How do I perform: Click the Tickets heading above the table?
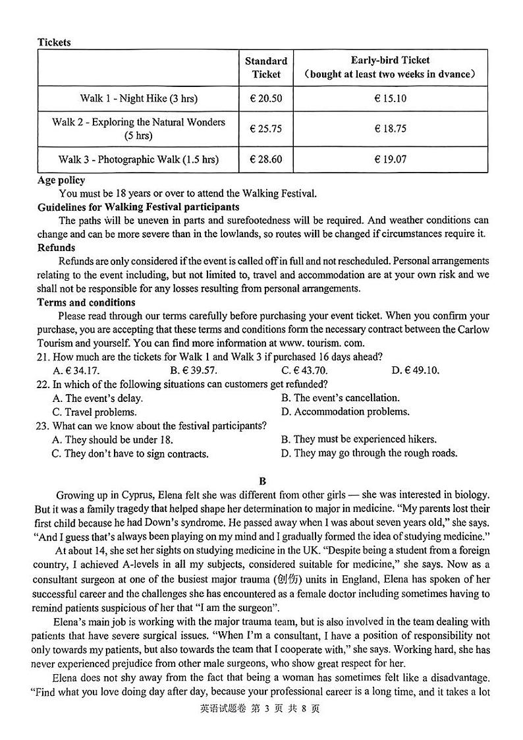(x=54, y=42)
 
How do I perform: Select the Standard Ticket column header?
(x=266, y=67)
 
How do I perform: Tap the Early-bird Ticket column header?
(x=390, y=67)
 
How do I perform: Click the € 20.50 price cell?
(x=266, y=99)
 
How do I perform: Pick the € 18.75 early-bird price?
(x=390, y=129)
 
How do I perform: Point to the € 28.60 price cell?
(x=266, y=159)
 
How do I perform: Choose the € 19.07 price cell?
(x=390, y=159)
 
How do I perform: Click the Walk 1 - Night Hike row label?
(x=138, y=99)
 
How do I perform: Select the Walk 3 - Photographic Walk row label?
(x=138, y=159)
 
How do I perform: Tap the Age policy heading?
(x=61, y=180)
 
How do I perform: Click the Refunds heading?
(x=56, y=248)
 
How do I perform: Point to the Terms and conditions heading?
(x=86, y=302)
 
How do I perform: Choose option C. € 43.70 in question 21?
(x=304, y=370)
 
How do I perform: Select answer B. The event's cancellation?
(x=340, y=398)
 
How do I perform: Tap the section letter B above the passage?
(x=262, y=481)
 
